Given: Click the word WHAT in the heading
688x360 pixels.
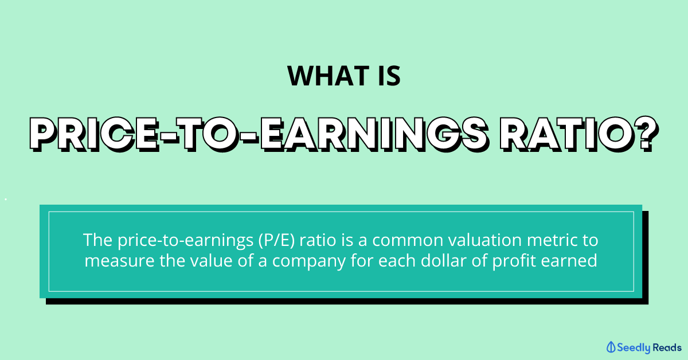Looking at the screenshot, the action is pyautogui.click(x=328, y=76).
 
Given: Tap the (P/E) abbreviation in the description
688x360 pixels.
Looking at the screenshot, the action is pyautogui.click(x=276, y=240).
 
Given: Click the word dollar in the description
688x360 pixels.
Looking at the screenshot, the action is pyautogui.click(x=444, y=260).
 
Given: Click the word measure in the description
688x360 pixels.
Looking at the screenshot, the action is pyautogui.click(x=119, y=261).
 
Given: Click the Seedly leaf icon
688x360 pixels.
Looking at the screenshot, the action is pyautogui.click(x=611, y=347).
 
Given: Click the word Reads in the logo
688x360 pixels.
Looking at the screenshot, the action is pyautogui.click(x=667, y=347).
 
